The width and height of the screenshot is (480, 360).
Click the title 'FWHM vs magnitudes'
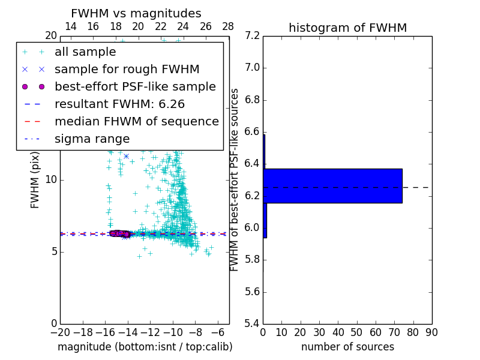pos(136,14)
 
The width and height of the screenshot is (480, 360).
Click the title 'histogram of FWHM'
pos(347,28)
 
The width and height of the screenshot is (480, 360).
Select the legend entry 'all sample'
pos(85,52)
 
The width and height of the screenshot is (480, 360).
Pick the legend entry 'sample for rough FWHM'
pos(127,69)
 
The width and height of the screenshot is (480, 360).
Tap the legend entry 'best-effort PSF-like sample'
pos(135,86)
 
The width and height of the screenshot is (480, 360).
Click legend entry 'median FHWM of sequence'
pos(136,121)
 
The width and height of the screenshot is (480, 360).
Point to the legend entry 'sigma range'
pos(92,139)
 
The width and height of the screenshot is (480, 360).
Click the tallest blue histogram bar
pos(332,186)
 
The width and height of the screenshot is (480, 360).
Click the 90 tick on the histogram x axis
pos(431,332)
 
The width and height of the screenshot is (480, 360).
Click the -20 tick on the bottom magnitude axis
pos(60,332)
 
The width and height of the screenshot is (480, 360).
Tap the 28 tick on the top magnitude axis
pos(229,26)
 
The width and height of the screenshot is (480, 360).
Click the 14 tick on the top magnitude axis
pos(71,26)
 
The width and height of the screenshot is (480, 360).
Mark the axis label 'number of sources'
pos(347,347)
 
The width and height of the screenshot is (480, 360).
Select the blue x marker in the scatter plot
pos(126,156)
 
